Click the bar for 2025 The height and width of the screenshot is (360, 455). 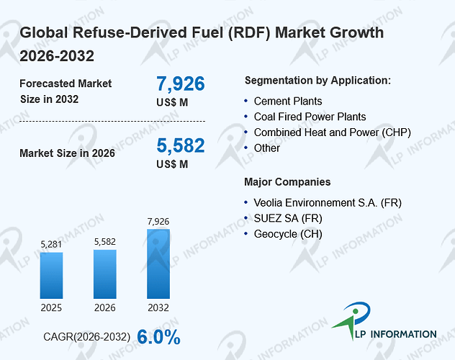(x=51, y=275)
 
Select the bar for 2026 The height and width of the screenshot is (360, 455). (x=105, y=274)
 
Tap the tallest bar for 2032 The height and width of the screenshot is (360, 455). (x=158, y=264)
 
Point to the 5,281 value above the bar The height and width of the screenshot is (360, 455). (x=51, y=245)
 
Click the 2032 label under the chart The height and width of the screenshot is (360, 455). (x=158, y=307)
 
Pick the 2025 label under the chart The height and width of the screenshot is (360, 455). (x=51, y=307)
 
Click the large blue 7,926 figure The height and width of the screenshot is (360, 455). (x=181, y=84)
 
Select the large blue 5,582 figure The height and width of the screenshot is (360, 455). (x=181, y=145)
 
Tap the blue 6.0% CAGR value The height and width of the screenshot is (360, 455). (x=158, y=337)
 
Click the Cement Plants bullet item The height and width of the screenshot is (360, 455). (x=288, y=102)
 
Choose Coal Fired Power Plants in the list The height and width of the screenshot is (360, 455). (x=310, y=117)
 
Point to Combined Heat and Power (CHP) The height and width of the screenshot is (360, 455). (x=333, y=132)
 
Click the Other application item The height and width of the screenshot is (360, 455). (x=267, y=148)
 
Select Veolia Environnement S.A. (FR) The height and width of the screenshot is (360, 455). (x=328, y=203)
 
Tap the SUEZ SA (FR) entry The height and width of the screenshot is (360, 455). (x=288, y=218)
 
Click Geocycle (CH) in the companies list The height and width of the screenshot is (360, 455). (x=288, y=234)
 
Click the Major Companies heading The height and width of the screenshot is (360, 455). (x=287, y=182)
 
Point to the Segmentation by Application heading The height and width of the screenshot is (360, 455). (x=317, y=81)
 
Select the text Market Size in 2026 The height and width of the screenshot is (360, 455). (x=68, y=153)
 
